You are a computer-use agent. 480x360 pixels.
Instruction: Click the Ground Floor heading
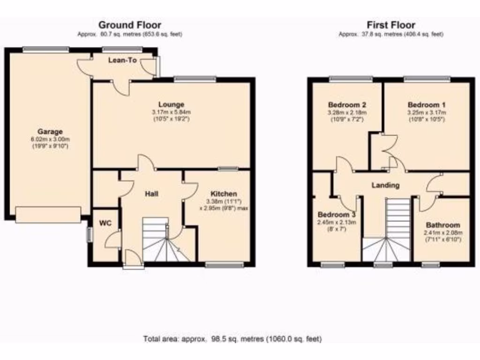(129, 25)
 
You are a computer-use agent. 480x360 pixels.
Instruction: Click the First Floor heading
(391, 25)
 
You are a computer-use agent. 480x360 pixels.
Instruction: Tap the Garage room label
(50, 132)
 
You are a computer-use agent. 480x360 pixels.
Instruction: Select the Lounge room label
(171, 105)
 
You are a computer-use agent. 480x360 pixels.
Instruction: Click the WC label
(105, 223)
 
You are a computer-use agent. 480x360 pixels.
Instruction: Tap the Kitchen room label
(224, 194)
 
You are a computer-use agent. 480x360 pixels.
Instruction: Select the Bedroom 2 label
(347, 105)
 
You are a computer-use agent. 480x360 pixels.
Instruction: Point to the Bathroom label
(442, 225)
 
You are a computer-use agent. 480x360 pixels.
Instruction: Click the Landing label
(385, 185)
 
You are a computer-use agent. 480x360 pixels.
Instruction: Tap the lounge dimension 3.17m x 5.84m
(171, 112)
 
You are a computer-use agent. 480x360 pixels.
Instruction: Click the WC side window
(89, 235)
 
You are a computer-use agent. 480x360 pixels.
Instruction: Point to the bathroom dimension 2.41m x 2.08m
(442, 232)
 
